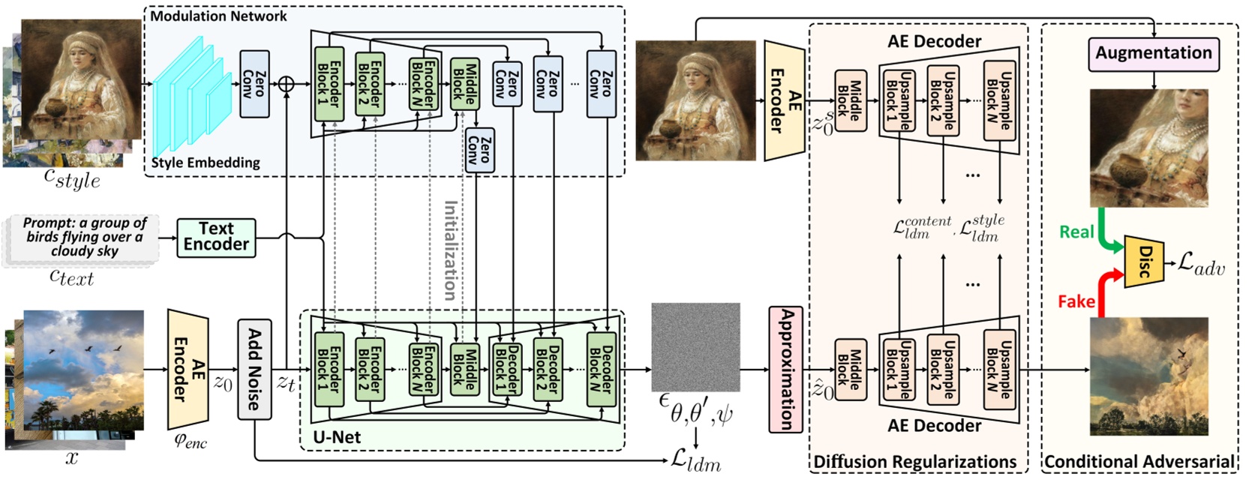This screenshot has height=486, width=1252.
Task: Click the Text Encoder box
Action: tap(216, 237)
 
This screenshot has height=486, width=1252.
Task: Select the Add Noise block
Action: tap(254, 369)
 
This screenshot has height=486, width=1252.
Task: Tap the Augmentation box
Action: tap(1153, 53)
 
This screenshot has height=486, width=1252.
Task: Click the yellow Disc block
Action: tap(1144, 262)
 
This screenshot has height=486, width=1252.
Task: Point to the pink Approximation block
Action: tap(786, 369)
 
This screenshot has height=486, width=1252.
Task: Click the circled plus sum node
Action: tap(286, 84)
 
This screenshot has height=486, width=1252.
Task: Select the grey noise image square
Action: tap(695, 346)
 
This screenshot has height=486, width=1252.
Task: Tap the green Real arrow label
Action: tap(1076, 232)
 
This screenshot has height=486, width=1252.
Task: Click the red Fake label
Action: tap(1076, 301)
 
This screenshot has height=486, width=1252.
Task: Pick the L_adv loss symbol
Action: tap(1200, 263)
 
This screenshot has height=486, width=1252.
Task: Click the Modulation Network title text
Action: tap(218, 16)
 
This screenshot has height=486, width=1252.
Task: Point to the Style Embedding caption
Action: tap(206, 163)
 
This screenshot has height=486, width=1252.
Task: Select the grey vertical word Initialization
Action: tap(450, 250)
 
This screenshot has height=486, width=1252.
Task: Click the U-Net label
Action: tap(337, 437)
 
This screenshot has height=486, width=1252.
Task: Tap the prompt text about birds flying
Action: tap(85, 237)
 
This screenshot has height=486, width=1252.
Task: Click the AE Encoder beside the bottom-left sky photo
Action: tap(188, 369)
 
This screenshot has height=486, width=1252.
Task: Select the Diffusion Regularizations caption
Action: tap(915, 462)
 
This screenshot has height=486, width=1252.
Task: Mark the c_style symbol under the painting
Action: tap(72, 179)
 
